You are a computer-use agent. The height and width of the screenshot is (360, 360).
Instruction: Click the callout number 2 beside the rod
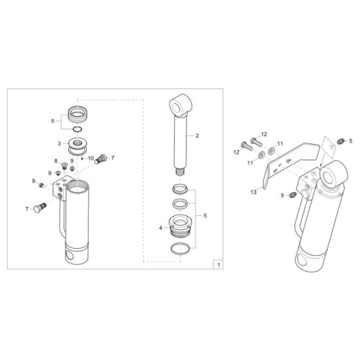tap(197, 136)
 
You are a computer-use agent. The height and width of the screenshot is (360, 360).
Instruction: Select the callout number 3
tap(59, 144)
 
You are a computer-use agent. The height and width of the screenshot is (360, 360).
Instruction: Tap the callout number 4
tap(161, 228)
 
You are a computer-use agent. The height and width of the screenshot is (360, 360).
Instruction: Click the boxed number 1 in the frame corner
tap(219, 265)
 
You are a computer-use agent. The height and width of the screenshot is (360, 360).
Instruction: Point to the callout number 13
tap(253, 192)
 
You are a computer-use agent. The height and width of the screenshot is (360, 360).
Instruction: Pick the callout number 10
tap(91, 158)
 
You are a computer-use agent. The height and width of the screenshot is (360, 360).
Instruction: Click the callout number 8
tap(56, 161)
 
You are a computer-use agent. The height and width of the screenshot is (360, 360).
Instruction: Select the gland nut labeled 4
tap(181, 226)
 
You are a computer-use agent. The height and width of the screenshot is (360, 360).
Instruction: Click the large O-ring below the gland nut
tap(181, 248)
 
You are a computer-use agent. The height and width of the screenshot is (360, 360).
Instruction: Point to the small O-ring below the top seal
tap(77, 129)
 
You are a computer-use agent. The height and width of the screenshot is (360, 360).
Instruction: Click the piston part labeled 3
tap(78, 144)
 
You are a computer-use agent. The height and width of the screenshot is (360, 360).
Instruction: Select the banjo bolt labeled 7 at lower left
tap(40, 208)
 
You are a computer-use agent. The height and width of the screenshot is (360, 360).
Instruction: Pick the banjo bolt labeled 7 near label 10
tap(100, 159)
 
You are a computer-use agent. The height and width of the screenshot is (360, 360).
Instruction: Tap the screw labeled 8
tap(64, 166)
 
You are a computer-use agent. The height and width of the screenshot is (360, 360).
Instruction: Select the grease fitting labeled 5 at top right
tap(341, 141)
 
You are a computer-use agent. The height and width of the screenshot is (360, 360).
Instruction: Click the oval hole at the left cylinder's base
tap(69, 255)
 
